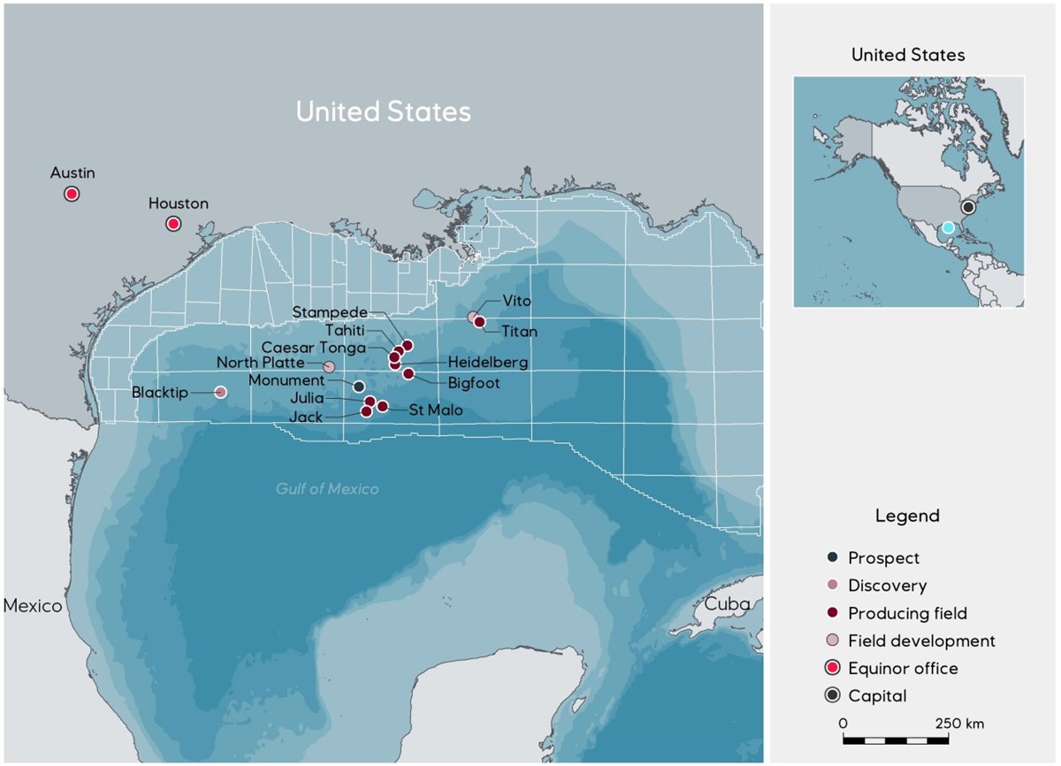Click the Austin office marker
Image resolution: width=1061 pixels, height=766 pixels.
[x=72, y=194]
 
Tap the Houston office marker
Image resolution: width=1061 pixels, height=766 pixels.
[x=173, y=224]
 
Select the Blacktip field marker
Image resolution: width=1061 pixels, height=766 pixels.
[x=221, y=392]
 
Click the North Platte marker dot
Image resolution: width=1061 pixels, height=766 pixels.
[x=329, y=367]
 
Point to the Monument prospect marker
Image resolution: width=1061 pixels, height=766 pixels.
[x=358, y=387]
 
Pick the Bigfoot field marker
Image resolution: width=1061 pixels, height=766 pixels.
[x=408, y=373]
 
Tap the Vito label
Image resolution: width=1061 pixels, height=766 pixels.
[x=516, y=302]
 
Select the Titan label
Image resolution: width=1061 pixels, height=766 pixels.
[x=519, y=331]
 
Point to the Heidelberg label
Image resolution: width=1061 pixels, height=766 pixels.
[x=487, y=363]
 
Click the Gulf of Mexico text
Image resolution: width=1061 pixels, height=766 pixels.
[x=327, y=489]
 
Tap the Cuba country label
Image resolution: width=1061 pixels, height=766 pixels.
[x=727, y=604]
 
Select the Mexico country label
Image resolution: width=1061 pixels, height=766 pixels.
[x=33, y=606]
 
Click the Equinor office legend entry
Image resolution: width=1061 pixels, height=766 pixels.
[x=902, y=669]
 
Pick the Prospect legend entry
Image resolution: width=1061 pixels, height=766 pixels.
[x=883, y=558]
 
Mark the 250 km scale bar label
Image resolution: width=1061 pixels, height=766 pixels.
[x=958, y=724]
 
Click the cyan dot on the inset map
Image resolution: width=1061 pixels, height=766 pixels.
[x=948, y=227]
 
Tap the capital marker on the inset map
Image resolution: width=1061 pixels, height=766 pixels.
[x=968, y=207]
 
